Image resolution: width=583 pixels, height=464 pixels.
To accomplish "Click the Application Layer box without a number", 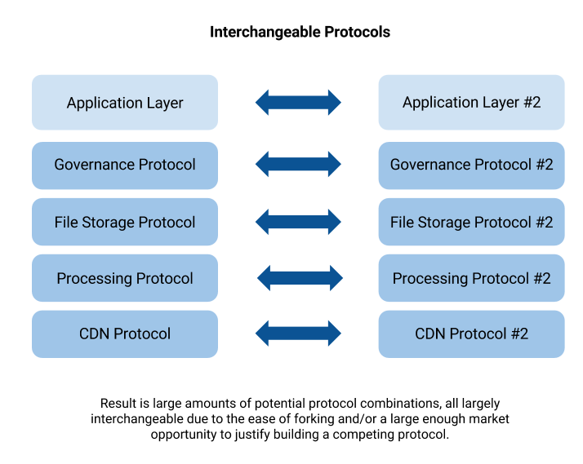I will point(125,103).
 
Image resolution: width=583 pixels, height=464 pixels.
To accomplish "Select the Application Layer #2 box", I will point(471,103).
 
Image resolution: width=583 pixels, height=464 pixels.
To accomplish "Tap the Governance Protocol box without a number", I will point(125,165).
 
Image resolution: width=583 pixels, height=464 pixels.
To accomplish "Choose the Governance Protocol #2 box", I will point(471,165).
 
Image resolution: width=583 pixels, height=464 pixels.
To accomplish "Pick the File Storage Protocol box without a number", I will point(125,222).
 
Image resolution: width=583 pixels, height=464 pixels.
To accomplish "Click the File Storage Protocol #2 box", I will point(471,222).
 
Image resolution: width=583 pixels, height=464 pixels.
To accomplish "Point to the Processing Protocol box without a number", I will point(125,278).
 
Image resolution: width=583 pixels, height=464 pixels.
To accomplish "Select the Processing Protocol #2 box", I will point(471,278).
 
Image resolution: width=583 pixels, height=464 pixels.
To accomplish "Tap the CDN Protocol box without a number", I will point(125,334).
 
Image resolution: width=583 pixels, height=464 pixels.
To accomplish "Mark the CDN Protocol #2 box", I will point(471,334).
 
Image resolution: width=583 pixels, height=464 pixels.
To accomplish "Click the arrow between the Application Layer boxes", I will point(298,103).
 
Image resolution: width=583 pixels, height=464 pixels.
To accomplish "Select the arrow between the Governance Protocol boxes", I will point(298,165).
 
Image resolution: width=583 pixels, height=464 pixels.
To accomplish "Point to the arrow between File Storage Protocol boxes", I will point(298,222).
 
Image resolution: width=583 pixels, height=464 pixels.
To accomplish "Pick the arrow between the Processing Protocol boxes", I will point(300,278).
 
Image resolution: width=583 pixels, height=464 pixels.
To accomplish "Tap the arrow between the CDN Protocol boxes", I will point(298,334).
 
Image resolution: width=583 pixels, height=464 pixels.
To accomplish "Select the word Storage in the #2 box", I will point(444,222).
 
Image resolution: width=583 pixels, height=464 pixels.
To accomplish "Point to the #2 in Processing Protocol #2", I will point(541,278).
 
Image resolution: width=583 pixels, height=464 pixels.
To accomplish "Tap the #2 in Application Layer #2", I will point(531,103).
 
